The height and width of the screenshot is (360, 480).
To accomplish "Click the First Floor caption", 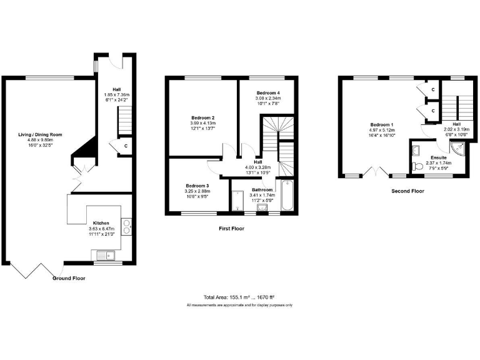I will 231,229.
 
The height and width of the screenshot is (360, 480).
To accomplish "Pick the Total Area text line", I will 239,297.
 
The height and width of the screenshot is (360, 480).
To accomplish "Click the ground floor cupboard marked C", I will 126,146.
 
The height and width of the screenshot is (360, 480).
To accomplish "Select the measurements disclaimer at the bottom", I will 239,305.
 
